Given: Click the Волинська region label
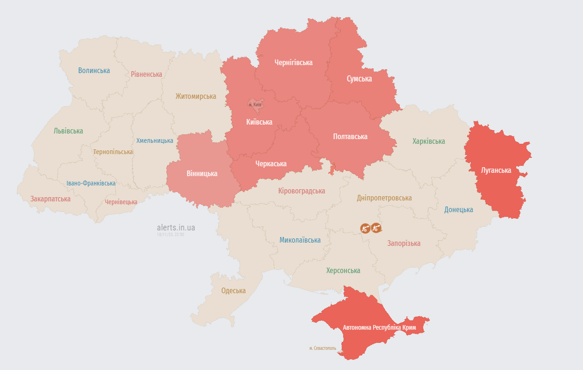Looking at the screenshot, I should click(94, 71).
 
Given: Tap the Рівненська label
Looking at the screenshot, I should click(146, 74).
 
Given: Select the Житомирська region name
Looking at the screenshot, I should click(196, 96).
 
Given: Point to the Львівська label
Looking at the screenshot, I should click(68, 131).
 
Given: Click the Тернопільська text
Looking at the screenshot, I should click(113, 152).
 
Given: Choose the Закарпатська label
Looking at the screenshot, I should click(50, 199).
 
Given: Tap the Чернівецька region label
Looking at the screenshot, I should click(121, 202).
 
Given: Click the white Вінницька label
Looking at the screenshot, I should click(202, 174).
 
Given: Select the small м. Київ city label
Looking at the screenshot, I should click(255, 104).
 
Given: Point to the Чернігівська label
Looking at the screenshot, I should click(294, 62).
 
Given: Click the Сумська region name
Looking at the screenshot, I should click(359, 79).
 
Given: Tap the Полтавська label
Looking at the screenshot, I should click(350, 137).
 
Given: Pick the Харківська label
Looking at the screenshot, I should click(429, 141).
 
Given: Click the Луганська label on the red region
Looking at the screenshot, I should click(496, 170).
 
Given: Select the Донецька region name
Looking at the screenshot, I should click(459, 210).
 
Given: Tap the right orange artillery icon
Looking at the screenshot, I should click(376, 228).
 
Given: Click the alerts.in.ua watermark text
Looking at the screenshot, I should click(176, 228).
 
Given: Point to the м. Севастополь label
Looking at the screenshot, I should click(323, 348).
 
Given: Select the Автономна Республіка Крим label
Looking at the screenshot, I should click(379, 327).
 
